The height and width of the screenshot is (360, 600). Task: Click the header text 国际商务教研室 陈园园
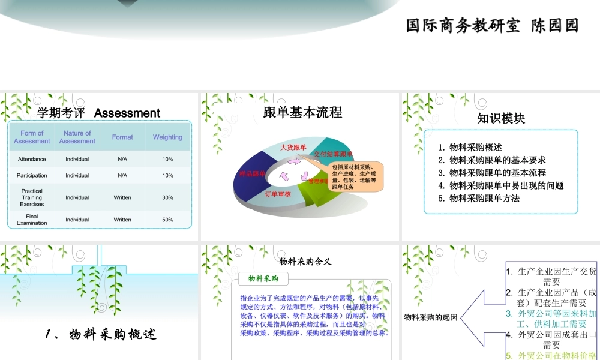pos(492,26)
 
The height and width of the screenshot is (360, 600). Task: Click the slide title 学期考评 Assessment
pos(98,113)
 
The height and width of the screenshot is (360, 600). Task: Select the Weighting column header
pos(167,137)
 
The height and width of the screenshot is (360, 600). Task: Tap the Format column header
pos(122,137)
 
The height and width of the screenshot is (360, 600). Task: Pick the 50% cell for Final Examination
pos(167,220)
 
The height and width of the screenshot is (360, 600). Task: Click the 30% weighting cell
pos(167,197)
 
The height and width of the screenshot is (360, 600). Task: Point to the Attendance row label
pos(32,160)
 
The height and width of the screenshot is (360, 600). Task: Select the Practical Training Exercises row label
pos(32,197)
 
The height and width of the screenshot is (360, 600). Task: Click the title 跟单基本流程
pos(302,112)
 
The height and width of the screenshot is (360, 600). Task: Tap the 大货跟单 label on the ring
pos(293,147)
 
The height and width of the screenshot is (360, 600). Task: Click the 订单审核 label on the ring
pos(278,194)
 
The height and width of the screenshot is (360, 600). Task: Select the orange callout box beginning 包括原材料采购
pos(354,176)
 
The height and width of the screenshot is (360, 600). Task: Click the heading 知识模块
pos(501,118)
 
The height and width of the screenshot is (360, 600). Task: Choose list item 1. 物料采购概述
pos(470,147)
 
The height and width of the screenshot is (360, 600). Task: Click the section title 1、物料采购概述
pos(101,335)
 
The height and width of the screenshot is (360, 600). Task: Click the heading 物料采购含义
pos(305,261)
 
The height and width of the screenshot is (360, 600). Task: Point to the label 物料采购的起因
pos(431,317)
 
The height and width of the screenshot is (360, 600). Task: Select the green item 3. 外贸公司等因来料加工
pos(551,319)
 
